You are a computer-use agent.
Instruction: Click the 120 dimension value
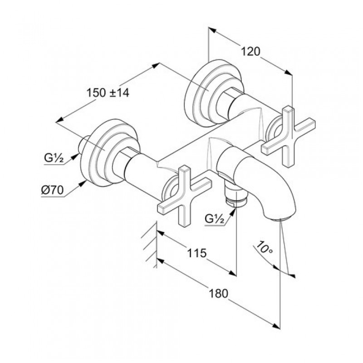click(x=251, y=51)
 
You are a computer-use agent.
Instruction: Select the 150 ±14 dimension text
click(x=108, y=93)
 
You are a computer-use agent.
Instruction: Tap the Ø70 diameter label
click(x=53, y=190)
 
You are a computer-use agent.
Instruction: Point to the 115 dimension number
click(x=197, y=253)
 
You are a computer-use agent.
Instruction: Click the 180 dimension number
click(x=219, y=294)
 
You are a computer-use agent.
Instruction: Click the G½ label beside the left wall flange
click(x=54, y=158)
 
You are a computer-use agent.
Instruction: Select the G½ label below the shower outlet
click(x=215, y=219)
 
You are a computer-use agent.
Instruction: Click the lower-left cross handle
click(x=185, y=196)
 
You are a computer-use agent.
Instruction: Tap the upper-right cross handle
click(x=288, y=137)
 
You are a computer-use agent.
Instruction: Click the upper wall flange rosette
click(x=214, y=93)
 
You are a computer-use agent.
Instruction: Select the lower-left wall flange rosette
click(x=110, y=153)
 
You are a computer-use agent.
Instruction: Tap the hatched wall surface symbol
click(x=149, y=245)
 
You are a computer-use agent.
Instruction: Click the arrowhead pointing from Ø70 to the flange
click(x=82, y=184)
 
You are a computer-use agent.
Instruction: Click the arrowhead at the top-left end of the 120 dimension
click(x=212, y=30)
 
